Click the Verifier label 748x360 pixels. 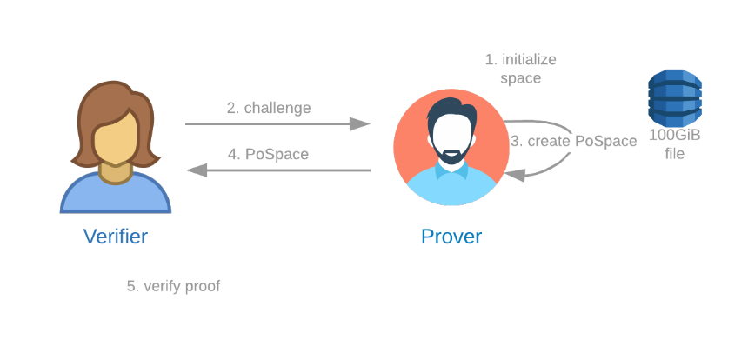coord(116,237)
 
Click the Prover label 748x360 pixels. coord(451,237)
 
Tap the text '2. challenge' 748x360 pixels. coord(269,108)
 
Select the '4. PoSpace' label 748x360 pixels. coord(268,155)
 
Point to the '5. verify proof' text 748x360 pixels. coord(174,286)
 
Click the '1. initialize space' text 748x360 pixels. coord(520,69)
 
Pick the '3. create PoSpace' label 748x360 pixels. coord(573,141)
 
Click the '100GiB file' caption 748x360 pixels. coord(675,144)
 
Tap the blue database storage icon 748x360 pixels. coord(675,97)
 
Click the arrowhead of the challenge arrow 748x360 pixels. coord(360,124)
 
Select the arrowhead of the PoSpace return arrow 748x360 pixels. coord(197,170)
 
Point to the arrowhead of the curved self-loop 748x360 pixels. coord(514,176)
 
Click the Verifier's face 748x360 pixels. coord(116,138)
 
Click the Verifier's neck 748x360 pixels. coord(116,173)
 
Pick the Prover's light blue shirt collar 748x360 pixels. coord(451,171)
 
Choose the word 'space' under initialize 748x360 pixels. coord(520,78)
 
